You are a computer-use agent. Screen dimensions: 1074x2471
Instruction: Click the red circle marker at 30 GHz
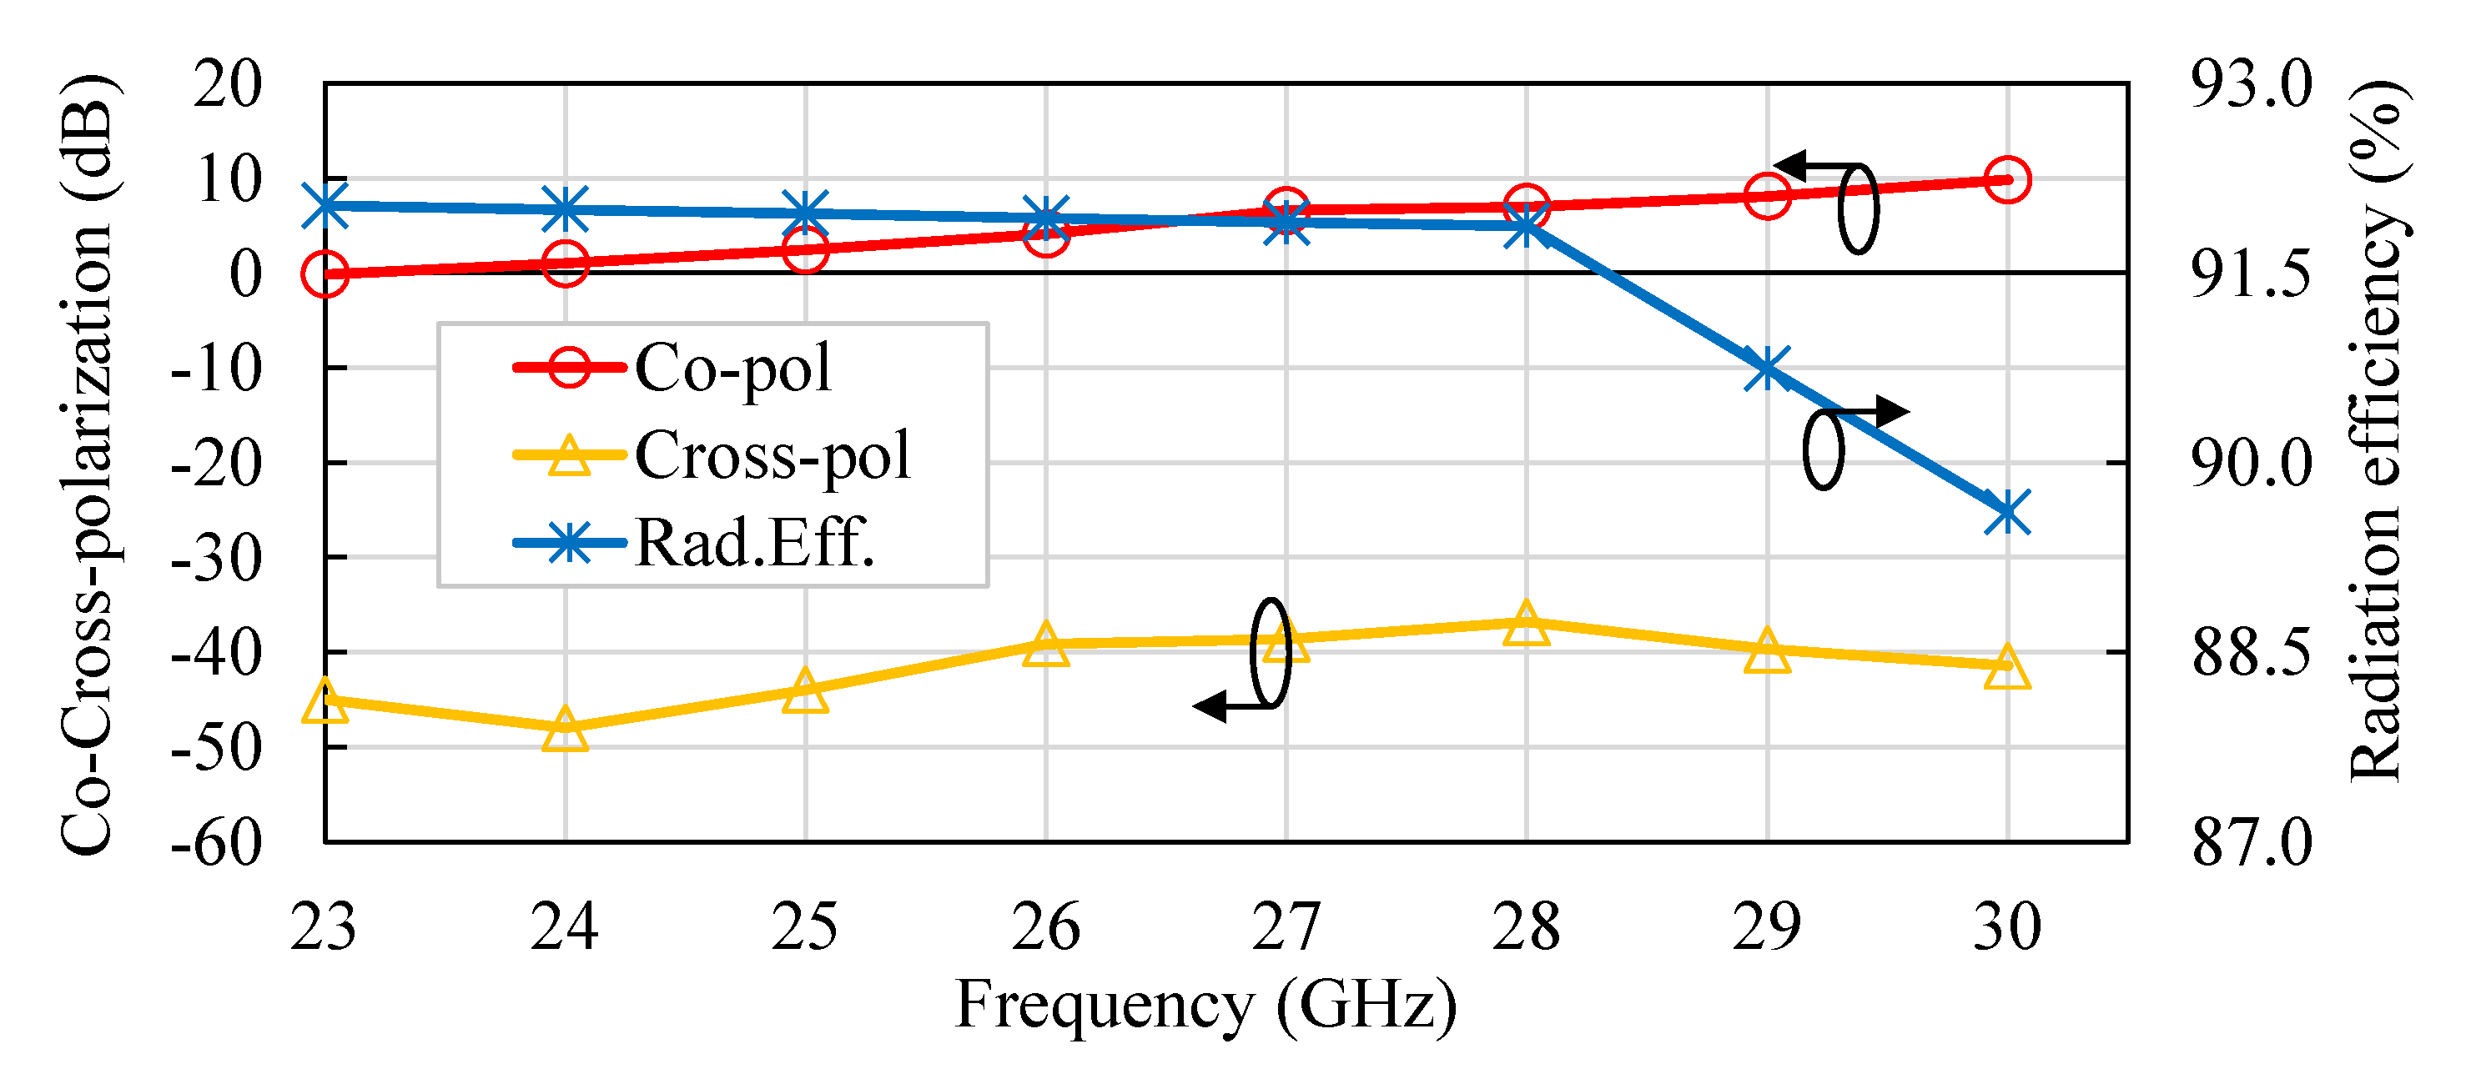tap(2006, 180)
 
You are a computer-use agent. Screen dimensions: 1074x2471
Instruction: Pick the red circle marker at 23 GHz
tap(325, 274)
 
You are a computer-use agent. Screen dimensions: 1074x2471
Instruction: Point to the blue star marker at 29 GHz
tap(1766, 369)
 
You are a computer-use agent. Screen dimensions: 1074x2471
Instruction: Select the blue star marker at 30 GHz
tap(2006, 513)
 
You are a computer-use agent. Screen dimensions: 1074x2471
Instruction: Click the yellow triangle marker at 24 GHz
tap(565, 730)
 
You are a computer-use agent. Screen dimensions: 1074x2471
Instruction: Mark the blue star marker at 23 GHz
tap(325, 206)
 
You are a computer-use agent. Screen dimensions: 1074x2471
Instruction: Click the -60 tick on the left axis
tap(217, 844)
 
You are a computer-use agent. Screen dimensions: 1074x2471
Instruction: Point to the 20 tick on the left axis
tap(228, 84)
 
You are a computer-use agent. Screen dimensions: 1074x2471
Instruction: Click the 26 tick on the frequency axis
tap(1045, 927)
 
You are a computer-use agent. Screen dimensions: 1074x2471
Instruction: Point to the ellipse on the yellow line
tap(1271, 654)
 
